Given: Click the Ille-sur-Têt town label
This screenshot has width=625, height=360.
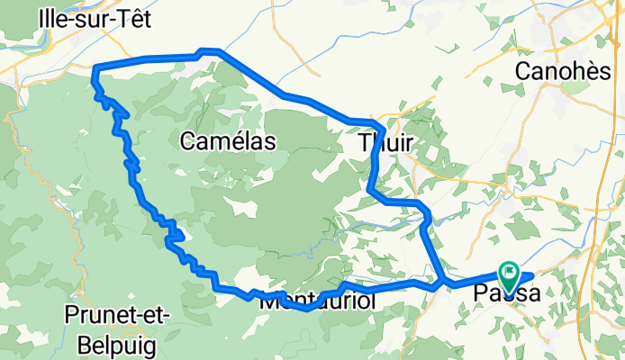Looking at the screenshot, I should click(x=94, y=18).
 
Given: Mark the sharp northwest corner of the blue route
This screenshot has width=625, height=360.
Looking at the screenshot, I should click(x=95, y=67).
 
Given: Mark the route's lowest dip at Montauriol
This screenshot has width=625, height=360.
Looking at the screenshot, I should click(x=306, y=309).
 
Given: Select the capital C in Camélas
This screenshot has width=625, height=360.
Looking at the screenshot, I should click(x=187, y=139).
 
